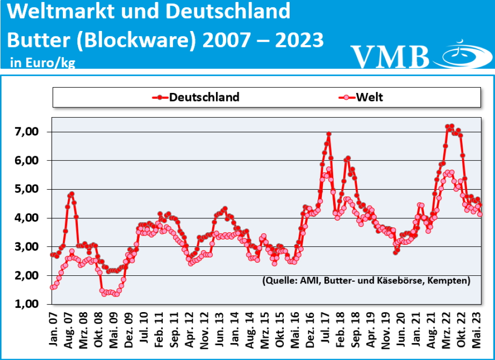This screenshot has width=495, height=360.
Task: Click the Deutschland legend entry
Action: coord(196,97)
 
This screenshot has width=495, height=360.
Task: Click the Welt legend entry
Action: coord(361,97)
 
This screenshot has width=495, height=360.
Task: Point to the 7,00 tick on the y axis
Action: coord(30,132)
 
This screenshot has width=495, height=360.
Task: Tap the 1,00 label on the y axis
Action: coord(30,304)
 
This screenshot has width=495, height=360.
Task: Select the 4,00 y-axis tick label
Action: coord(30,218)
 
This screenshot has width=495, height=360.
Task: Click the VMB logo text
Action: coord(390,57)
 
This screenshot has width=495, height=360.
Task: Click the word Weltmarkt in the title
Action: coord(62,12)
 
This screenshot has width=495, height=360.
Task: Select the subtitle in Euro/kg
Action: coord(42,62)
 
